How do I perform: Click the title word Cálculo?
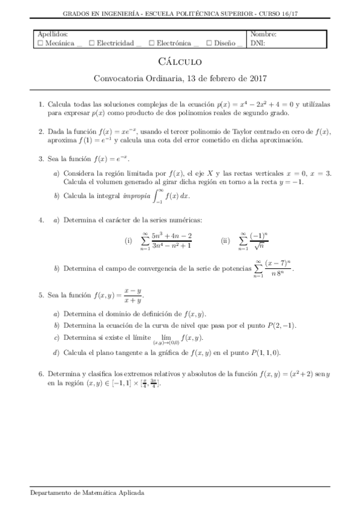click(180, 61)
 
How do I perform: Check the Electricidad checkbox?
click(91, 43)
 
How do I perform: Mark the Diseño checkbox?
click(209, 43)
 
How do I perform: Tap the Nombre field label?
click(263, 35)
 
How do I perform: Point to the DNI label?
click(257, 43)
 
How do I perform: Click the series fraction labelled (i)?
click(171, 241)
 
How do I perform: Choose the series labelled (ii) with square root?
click(258, 241)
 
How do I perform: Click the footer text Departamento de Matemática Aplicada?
click(87, 492)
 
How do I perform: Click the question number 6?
click(40, 373)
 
